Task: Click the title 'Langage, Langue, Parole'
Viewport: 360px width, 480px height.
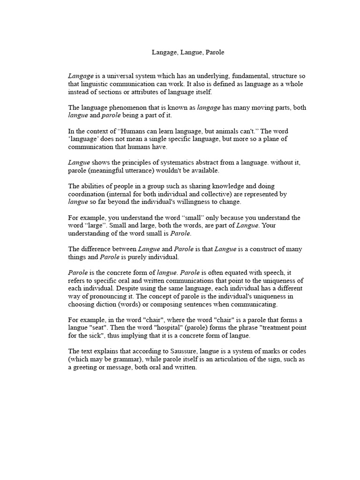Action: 188,52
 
